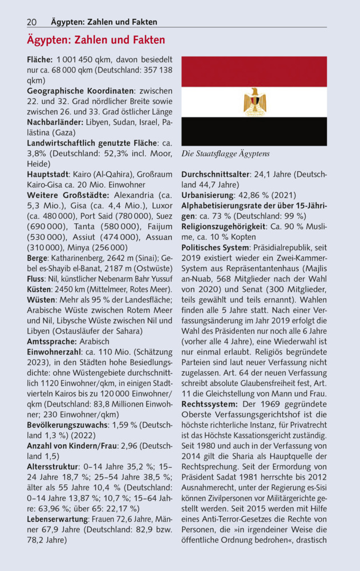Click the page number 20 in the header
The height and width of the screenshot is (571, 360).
(x=31, y=22)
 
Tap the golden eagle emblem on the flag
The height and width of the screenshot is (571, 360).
(x=254, y=102)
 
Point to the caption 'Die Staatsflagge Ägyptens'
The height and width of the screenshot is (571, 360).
(x=225, y=154)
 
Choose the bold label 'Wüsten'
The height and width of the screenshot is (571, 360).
(x=41, y=300)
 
